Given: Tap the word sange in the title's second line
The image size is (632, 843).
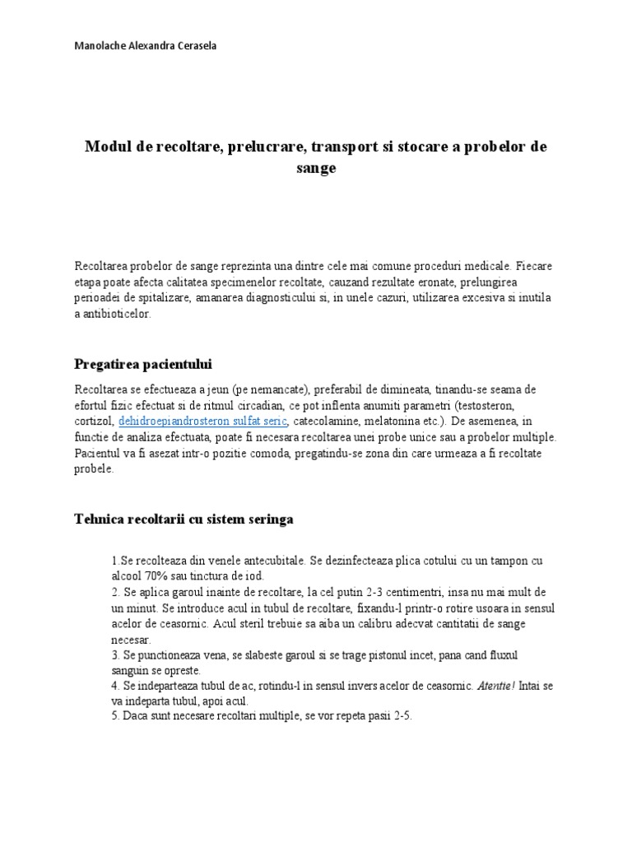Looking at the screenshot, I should point(315,168).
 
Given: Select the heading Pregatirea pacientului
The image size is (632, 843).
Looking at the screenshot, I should point(148,363).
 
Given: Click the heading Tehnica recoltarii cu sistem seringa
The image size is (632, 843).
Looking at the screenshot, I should point(184,519).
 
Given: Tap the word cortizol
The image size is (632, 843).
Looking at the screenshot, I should point(94,421).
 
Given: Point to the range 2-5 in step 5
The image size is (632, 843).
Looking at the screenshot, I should point(397,716).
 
